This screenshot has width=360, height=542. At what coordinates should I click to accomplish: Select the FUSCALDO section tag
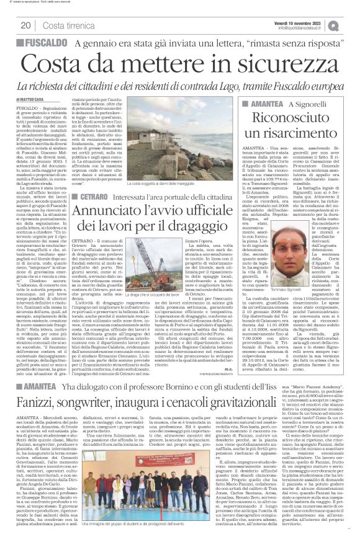point(43,44)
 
